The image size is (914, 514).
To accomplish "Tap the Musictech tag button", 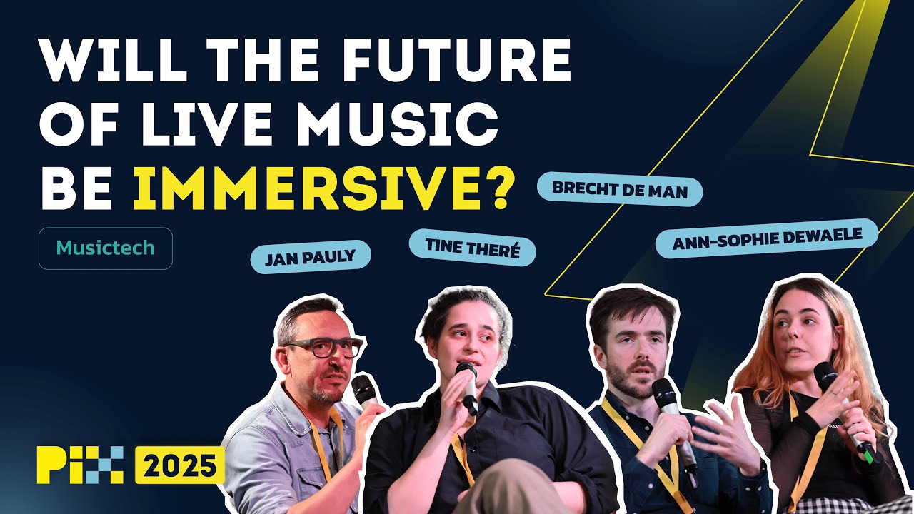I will pyautogui.click(x=105, y=248).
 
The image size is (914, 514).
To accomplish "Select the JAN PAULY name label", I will pyautogui.click(x=310, y=257).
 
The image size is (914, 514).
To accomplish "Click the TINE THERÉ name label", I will pyautogui.click(x=471, y=247).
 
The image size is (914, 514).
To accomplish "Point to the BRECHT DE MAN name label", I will pyautogui.click(x=619, y=191).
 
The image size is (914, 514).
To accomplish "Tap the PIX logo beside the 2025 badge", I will pyautogui.click(x=80, y=465).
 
